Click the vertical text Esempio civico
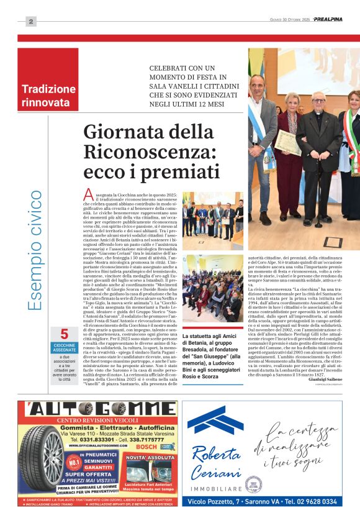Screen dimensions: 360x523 pos(37,250)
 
